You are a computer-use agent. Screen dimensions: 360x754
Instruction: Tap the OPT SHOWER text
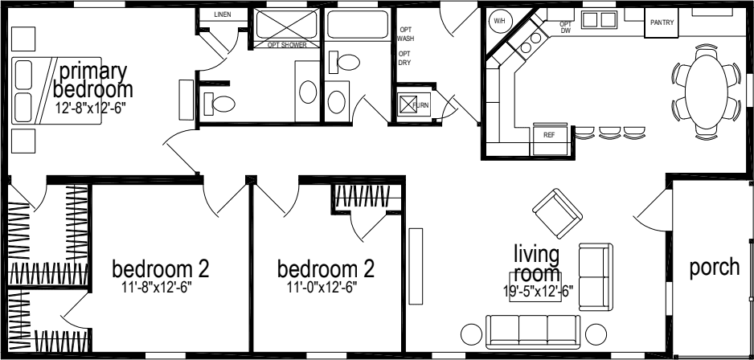[287, 45]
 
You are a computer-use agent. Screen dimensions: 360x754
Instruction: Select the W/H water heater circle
[499, 21]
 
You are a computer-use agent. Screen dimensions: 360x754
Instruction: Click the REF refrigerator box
[550, 135]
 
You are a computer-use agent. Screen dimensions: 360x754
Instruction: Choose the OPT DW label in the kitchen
[565, 27]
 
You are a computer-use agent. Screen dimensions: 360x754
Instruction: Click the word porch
[714, 268]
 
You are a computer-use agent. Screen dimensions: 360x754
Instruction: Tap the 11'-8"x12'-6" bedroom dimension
[157, 286]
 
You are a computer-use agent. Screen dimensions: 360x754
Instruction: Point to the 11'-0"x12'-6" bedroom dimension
[322, 286]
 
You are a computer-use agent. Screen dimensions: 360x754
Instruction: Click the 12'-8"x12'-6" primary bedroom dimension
[91, 105]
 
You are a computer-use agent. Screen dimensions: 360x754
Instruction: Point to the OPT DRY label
[404, 59]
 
